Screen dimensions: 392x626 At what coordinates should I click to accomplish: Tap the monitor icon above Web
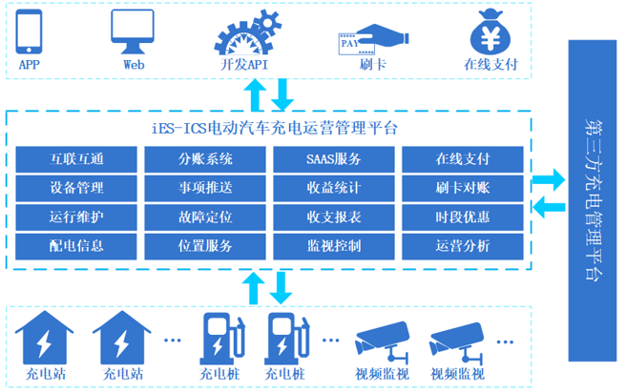click(x=133, y=31)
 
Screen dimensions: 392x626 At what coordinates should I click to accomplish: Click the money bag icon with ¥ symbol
click(x=492, y=31)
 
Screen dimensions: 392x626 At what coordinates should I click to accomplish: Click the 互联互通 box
click(x=76, y=159)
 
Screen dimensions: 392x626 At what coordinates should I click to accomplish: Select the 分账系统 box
click(x=205, y=159)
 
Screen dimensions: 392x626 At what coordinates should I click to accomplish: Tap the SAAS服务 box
click(x=334, y=159)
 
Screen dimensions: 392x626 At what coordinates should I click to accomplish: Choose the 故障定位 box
click(x=205, y=217)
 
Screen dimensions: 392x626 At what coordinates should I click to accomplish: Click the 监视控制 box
click(x=334, y=246)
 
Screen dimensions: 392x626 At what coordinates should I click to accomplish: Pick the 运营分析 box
click(x=463, y=246)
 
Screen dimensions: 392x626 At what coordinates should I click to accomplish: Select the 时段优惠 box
click(x=463, y=217)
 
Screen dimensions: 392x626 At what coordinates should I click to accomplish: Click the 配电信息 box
click(x=76, y=246)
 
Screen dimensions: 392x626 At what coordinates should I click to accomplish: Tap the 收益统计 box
click(x=334, y=188)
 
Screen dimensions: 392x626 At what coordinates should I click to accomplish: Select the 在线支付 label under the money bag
click(x=490, y=65)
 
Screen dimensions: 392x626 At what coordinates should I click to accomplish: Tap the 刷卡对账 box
click(x=463, y=188)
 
